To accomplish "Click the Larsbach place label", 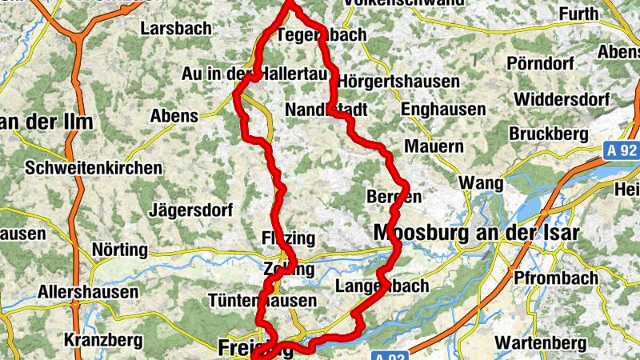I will [176, 29].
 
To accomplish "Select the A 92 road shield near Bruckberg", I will [621, 149].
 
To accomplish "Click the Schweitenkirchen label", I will [94, 169].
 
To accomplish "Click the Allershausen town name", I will [88, 292].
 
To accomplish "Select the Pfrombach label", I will [558, 278].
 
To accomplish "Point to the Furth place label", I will [578, 14].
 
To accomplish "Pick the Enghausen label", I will [443, 109].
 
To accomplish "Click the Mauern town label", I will [434, 147].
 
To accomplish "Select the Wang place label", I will [481, 184].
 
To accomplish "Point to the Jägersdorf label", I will [191, 211].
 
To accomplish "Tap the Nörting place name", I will [120, 250].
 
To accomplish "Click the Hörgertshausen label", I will [398, 82].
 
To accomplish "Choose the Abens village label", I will [174, 116].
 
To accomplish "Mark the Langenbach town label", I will [382, 286].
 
